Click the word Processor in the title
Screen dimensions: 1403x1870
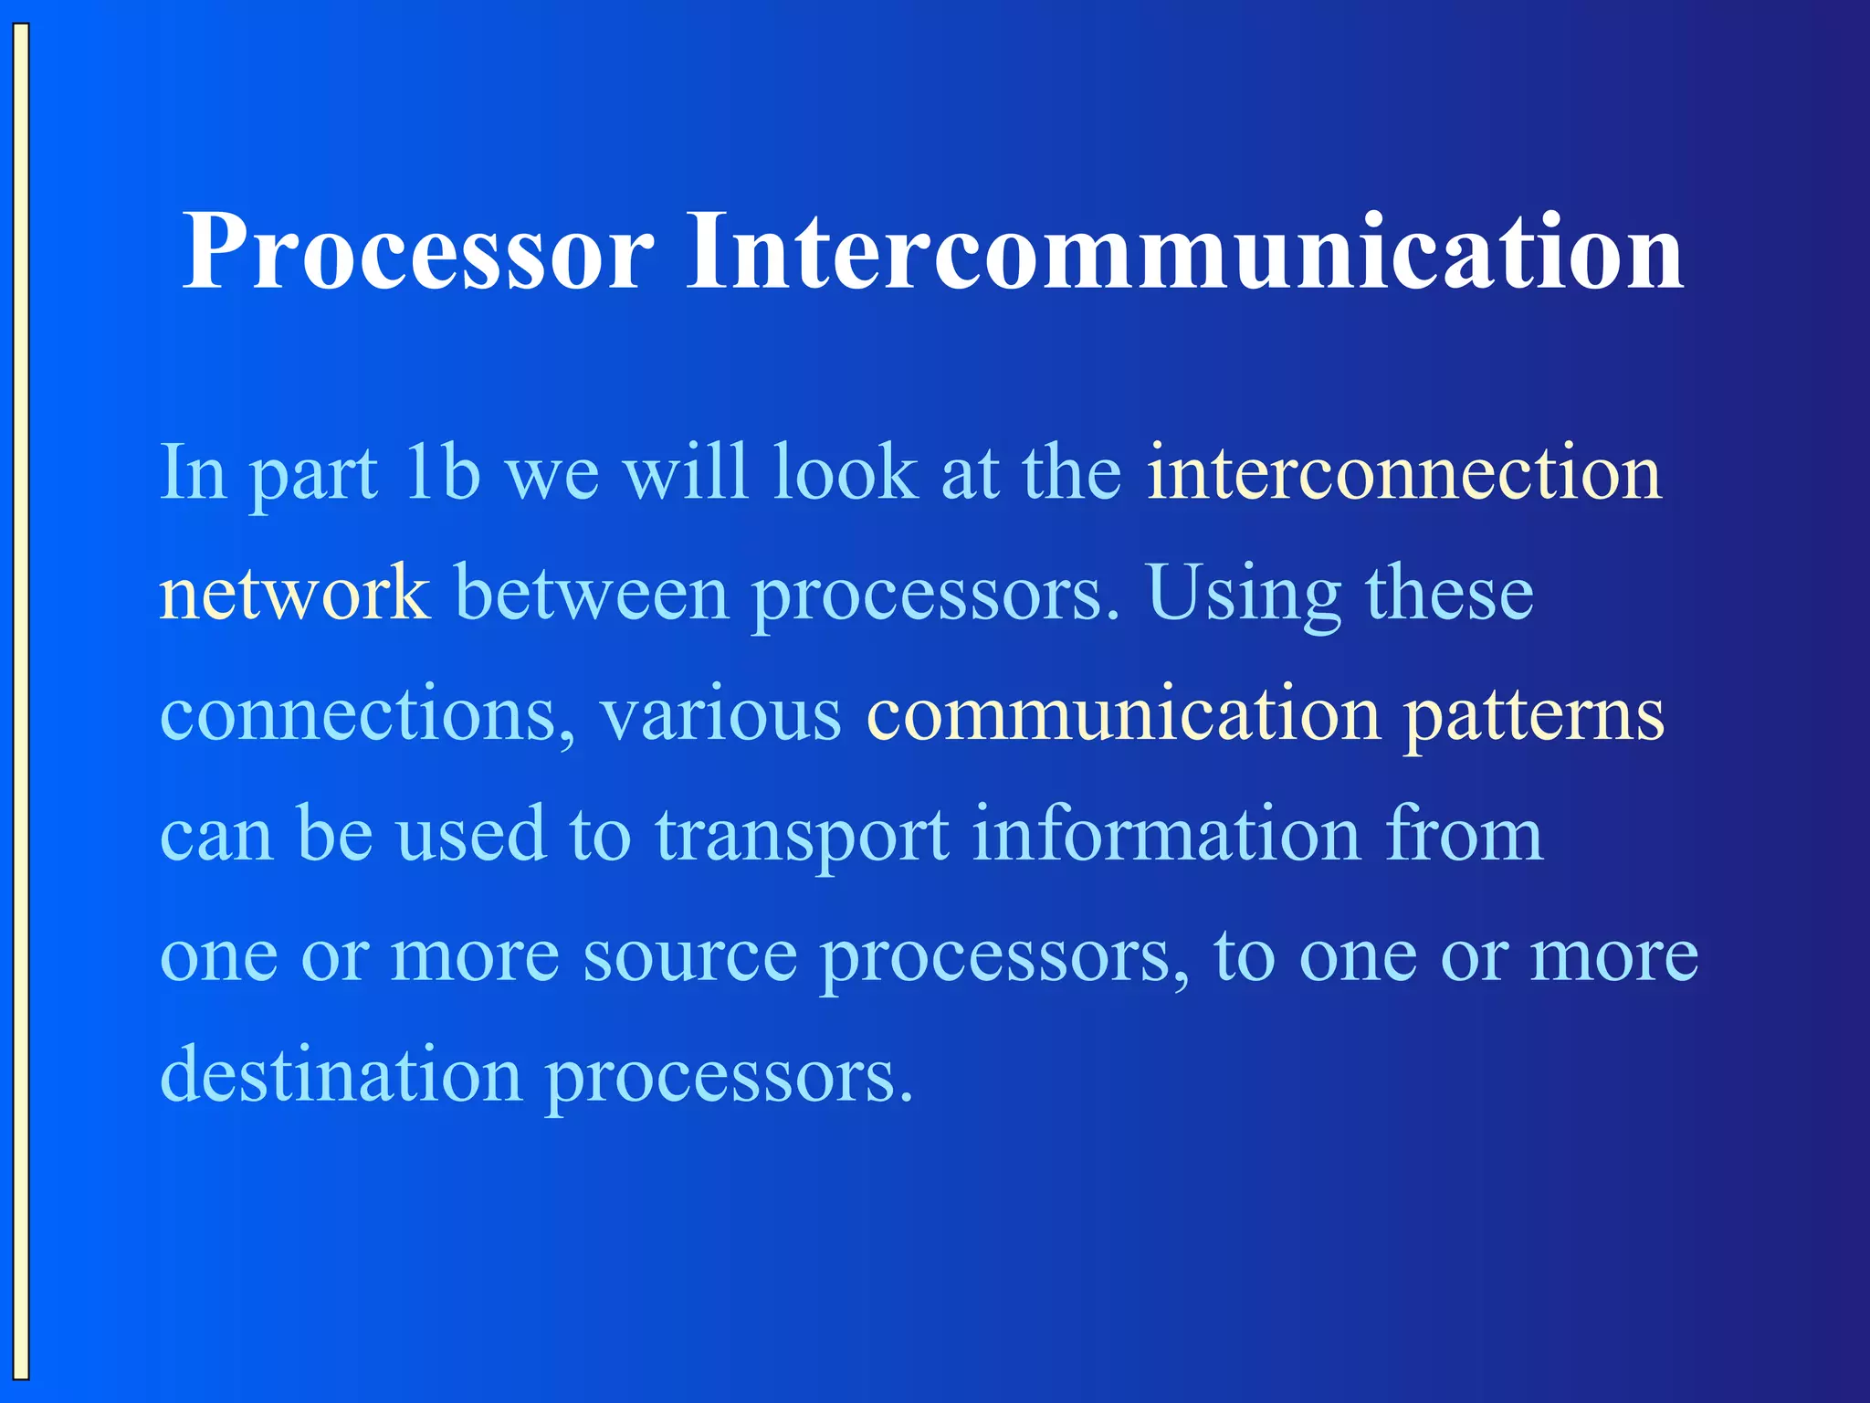point(418,251)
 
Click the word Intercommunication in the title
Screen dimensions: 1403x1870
point(1184,251)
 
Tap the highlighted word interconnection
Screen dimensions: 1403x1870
point(1404,472)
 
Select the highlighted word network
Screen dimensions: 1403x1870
point(294,593)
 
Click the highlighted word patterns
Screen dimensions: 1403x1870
point(1534,715)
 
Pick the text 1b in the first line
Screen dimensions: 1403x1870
point(442,472)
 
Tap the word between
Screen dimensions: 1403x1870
point(592,593)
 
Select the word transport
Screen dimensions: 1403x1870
point(802,836)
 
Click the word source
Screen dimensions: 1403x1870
point(689,956)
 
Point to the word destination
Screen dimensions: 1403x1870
point(341,1075)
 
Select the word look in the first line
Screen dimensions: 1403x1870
point(845,472)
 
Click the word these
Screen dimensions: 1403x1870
point(1449,593)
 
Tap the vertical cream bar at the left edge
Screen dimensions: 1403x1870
point(21,701)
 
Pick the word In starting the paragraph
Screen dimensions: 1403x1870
point(193,472)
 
